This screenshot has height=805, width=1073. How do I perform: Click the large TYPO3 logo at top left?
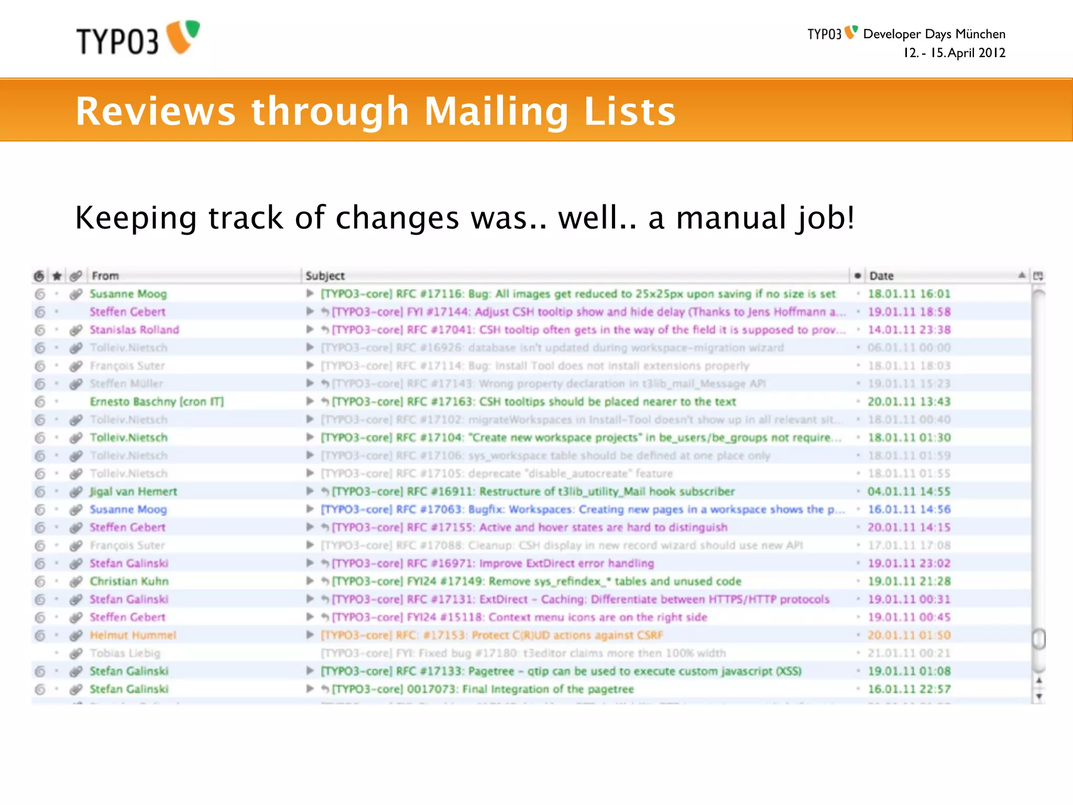[x=137, y=38]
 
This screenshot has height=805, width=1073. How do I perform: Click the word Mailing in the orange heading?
[x=496, y=112]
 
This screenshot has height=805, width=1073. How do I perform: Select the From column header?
[x=105, y=276]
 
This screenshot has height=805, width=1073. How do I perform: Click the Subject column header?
[x=325, y=276]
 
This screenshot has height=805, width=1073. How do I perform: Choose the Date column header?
[x=881, y=276]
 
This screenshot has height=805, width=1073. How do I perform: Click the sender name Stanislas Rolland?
[x=134, y=330]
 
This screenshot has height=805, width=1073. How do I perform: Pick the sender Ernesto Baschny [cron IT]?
[x=157, y=401]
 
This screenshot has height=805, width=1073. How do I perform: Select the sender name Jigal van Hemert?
[x=133, y=492]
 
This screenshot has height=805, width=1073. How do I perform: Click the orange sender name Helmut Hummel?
[x=133, y=635]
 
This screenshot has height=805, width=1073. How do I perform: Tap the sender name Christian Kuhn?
[x=129, y=581]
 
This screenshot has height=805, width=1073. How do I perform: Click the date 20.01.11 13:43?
[x=909, y=401]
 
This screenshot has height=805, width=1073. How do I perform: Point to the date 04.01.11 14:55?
[x=909, y=492]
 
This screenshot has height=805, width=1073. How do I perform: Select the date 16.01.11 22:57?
[x=909, y=689]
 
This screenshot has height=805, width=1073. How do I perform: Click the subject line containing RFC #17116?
[x=578, y=294]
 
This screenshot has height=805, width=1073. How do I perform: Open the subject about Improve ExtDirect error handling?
[x=493, y=563]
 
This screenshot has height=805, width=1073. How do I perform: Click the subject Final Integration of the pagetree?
[x=483, y=689]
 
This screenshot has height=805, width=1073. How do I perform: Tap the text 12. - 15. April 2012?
[x=954, y=53]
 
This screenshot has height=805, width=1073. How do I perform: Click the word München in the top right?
[x=980, y=34]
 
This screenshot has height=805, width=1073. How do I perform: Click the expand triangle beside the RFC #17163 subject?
[x=310, y=401]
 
